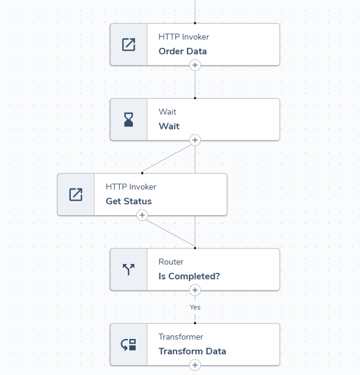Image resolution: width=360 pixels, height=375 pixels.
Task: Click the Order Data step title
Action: pyautogui.click(x=182, y=51)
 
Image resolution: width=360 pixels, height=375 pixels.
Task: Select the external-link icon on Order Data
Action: pyautogui.click(x=129, y=44)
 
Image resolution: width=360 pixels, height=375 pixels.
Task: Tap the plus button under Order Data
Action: pyautogui.click(x=195, y=65)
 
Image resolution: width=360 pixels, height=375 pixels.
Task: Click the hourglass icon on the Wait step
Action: pyautogui.click(x=129, y=119)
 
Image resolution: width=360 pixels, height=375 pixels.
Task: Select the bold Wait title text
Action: pyautogui.click(x=169, y=126)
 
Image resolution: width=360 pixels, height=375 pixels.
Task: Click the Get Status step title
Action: pyautogui.click(x=129, y=201)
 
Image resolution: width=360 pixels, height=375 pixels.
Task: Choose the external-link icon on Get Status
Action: pyautogui.click(x=76, y=194)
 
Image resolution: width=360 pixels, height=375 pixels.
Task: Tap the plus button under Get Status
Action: pyautogui.click(x=142, y=215)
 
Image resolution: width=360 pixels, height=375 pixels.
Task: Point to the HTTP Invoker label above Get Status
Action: pyautogui.click(x=131, y=187)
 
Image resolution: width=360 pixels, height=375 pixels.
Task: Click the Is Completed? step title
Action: pyautogui.click(x=189, y=276)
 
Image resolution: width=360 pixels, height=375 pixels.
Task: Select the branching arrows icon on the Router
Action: pyautogui.click(x=129, y=269)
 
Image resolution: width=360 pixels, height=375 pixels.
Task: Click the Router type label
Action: pyautogui.click(x=171, y=262)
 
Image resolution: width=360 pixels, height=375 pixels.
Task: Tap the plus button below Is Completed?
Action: pyautogui.click(x=195, y=290)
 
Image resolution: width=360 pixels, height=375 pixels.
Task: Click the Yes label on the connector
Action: pyautogui.click(x=195, y=307)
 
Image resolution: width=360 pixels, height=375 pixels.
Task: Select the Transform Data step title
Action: pyautogui.click(x=192, y=351)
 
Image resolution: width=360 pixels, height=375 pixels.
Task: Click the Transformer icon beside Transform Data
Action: pyautogui.click(x=129, y=344)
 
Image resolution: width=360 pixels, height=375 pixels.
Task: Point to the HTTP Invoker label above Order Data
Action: pyautogui.click(x=184, y=37)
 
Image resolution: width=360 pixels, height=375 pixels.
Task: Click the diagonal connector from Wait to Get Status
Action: pyautogui.click(x=169, y=156)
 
